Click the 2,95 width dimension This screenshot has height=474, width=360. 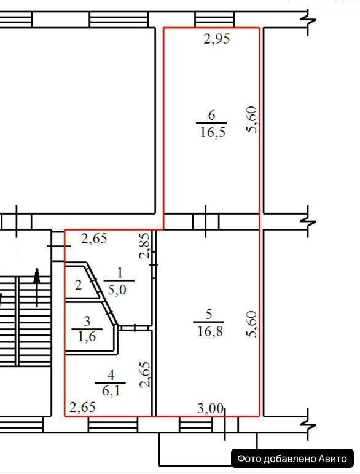216,39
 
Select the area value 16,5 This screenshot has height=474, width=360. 213,132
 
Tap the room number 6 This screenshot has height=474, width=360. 211,115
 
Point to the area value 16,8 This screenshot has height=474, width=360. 210,331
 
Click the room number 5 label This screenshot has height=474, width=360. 209,315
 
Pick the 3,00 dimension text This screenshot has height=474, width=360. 210,408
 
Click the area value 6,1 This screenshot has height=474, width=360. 111,391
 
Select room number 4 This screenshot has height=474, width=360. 111,375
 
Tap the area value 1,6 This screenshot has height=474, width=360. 87,336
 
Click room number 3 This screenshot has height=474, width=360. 87,321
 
